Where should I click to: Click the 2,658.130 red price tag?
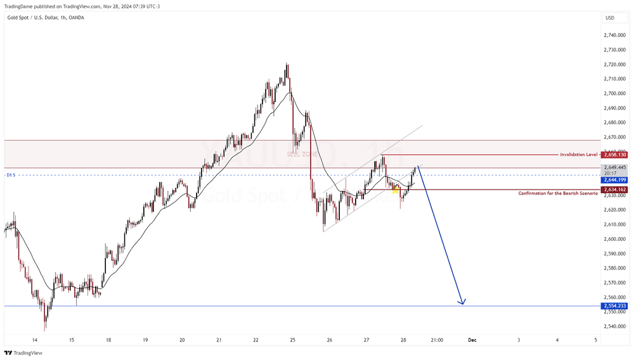pyautogui.click(x=615, y=155)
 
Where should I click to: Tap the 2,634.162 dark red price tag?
pyautogui.click(x=615, y=190)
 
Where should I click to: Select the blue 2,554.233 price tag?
pyautogui.click(x=615, y=306)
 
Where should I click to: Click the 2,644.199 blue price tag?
pyautogui.click(x=615, y=179)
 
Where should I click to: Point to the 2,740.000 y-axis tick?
pyautogui.click(x=615, y=35)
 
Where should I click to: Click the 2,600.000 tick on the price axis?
pyautogui.click(x=615, y=239)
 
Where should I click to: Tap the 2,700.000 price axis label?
pyautogui.click(x=615, y=93)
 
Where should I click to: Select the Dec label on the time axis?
pyautogui.click(x=472, y=340)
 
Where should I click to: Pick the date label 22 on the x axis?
pyautogui.click(x=256, y=340)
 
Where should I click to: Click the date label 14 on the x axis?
pyautogui.click(x=34, y=340)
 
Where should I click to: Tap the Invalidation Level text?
pyautogui.click(x=578, y=155)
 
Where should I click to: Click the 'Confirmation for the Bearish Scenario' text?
pyautogui.click(x=558, y=193)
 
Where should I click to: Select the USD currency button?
pyautogui.click(x=610, y=18)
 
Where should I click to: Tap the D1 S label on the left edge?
pyautogui.click(x=10, y=175)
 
